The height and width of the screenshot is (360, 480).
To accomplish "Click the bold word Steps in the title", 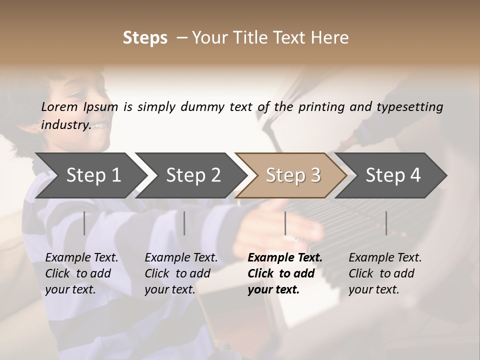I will tap(145, 38).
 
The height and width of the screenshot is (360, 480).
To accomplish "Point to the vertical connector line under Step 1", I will tap(84, 223).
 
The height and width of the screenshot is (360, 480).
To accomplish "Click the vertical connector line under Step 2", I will tap(184, 223).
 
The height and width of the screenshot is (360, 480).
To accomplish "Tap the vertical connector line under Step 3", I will tap(285, 223).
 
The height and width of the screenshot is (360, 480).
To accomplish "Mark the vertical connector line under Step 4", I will tap(386, 223).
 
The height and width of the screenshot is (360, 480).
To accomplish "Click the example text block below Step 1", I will tap(81, 273).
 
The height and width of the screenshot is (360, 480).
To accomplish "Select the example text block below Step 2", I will tap(181, 273).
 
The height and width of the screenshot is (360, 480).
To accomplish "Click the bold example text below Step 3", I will tap(284, 273).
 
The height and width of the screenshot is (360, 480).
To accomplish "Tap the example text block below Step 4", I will tap(385, 273).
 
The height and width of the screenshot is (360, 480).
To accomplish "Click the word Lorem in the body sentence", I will tap(59, 106).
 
